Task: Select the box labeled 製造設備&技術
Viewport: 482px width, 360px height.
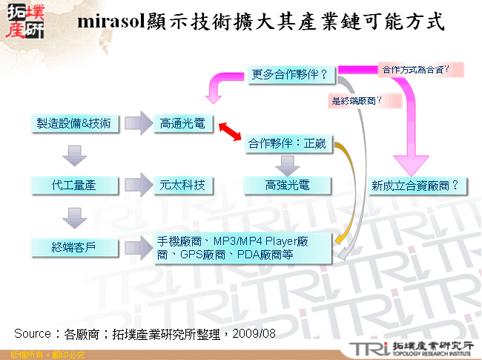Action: pos(73,123)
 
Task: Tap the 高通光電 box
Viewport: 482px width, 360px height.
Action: pos(182,123)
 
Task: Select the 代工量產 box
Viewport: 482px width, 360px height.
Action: pos(73,184)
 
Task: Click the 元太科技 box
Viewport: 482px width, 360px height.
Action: pos(182,184)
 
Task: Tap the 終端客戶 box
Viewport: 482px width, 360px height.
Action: pos(73,246)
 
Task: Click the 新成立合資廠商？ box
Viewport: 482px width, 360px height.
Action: pos(415,184)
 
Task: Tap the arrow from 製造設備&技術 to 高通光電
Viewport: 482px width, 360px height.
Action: pos(138,123)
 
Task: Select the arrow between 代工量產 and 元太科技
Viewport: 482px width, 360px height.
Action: pos(138,184)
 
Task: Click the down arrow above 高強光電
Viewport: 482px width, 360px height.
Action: pos(288,164)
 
